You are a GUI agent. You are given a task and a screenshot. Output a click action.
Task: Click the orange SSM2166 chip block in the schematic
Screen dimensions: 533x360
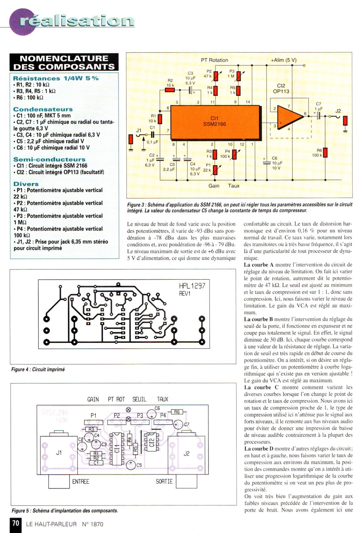pyautogui.click(x=215, y=122)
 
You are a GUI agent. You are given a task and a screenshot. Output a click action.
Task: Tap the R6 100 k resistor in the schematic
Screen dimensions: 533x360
pyautogui.click(x=325, y=153)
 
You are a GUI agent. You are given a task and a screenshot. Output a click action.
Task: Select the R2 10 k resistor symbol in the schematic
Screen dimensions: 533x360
pyautogui.click(x=170, y=90)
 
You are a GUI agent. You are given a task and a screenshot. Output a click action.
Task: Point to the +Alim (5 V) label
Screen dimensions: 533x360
pyautogui.click(x=284, y=60)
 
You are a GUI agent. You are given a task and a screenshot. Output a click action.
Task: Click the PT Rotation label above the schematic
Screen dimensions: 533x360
pyautogui.click(x=215, y=60)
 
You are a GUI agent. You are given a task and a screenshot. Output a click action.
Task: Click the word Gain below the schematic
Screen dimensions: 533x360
pyautogui.click(x=214, y=186)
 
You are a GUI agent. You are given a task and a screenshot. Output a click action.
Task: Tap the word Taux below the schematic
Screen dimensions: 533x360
pyautogui.click(x=234, y=186)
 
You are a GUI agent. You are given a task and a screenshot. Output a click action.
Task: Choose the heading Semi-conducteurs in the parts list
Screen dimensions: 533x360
pyautogui.click(x=49, y=159)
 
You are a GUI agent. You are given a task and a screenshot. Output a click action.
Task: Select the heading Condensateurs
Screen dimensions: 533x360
pyautogui.click(x=43, y=109)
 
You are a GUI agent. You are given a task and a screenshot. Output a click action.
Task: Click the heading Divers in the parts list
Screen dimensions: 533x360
pyautogui.click(x=26, y=184)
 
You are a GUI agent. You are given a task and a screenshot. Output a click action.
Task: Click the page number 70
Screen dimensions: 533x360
pyautogui.click(x=16, y=523)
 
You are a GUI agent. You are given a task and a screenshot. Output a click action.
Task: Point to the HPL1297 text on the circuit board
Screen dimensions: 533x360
pyautogui.click(x=192, y=286)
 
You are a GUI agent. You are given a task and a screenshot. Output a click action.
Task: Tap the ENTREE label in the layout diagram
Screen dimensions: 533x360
pyautogui.click(x=80, y=481)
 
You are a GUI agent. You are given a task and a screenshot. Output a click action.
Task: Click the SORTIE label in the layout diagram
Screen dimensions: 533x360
pyautogui.click(x=164, y=481)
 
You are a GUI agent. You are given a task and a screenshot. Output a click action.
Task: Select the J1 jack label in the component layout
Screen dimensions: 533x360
pyautogui.click(x=59, y=452)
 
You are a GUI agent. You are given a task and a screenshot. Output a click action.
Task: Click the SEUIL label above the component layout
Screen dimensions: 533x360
pyautogui.click(x=139, y=399)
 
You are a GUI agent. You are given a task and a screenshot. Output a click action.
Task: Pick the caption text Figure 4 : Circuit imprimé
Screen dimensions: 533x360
pyautogui.click(x=38, y=369)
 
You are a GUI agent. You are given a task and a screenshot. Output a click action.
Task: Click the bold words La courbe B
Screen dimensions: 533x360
pyautogui.click(x=258, y=319)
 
